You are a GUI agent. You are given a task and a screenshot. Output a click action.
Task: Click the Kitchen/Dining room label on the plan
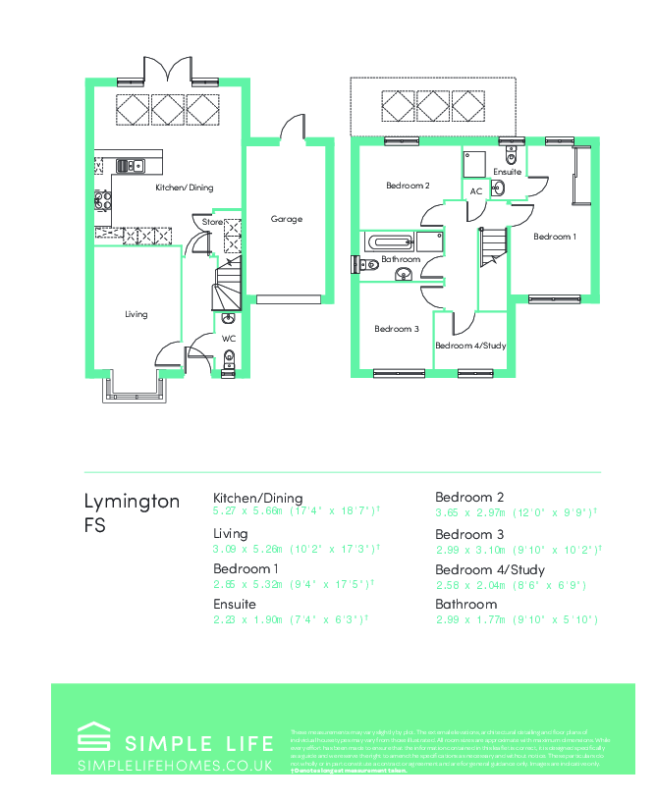(x=185, y=187)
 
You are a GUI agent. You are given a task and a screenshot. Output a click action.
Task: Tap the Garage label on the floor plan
(x=287, y=219)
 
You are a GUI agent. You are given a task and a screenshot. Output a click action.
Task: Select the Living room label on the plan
(x=136, y=314)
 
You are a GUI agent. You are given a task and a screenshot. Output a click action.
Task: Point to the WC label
(x=229, y=339)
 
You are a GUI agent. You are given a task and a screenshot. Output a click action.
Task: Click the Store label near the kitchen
(x=212, y=223)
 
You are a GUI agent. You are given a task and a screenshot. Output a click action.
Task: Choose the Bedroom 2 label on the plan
(x=408, y=186)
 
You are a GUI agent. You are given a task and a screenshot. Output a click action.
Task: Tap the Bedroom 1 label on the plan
(x=555, y=237)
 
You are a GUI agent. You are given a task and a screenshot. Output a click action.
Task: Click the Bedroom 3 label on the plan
(x=397, y=329)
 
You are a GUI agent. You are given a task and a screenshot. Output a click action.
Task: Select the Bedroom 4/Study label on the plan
(x=470, y=346)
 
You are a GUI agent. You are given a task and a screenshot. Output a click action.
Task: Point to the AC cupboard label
(x=476, y=191)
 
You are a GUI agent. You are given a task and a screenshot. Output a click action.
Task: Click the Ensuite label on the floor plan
(x=507, y=172)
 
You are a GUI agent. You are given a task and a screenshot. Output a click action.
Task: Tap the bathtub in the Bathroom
(x=391, y=241)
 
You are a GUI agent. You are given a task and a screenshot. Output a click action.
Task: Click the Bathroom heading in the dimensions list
(x=466, y=604)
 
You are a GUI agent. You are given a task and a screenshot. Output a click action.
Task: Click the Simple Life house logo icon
(x=94, y=737)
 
